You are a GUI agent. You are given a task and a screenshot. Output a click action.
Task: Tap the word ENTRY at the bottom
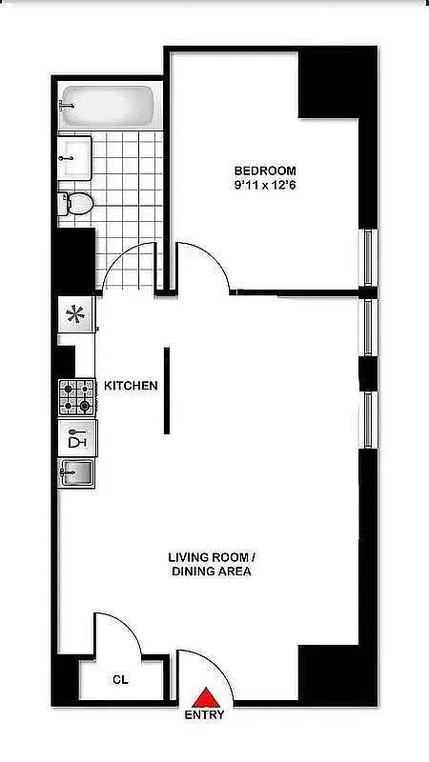(x=205, y=715)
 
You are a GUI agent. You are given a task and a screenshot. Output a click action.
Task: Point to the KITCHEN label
(x=131, y=386)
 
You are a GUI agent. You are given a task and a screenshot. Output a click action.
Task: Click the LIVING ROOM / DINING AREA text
(x=211, y=564)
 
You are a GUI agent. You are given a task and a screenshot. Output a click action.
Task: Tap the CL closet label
(x=120, y=680)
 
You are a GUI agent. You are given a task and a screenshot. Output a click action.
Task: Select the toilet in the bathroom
(x=76, y=202)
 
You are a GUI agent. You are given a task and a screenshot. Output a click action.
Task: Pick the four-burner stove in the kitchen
(x=78, y=396)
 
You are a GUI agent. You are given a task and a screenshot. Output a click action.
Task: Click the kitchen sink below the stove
(x=77, y=471)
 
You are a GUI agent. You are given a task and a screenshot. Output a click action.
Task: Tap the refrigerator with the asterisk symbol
(x=75, y=313)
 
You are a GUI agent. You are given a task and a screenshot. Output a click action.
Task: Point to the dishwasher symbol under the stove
(x=77, y=438)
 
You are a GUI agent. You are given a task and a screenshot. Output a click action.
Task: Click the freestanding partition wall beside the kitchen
(x=167, y=390)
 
